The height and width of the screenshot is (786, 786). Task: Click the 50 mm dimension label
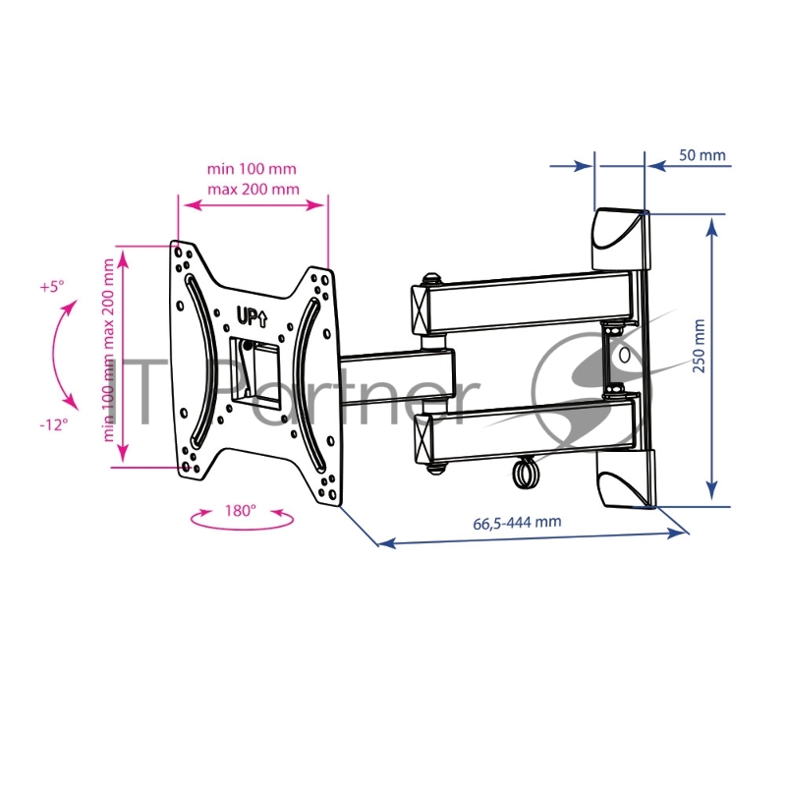(x=702, y=155)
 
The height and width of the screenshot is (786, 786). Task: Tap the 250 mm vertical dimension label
(x=699, y=346)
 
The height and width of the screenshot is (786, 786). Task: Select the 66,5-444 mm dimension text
(x=517, y=523)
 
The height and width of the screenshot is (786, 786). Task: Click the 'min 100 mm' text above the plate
(x=252, y=168)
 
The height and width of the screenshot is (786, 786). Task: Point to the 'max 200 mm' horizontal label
(x=253, y=189)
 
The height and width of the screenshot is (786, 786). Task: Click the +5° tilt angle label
(x=52, y=287)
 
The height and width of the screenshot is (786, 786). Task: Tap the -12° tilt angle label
(x=54, y=424)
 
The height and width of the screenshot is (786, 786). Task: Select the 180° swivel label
(x=240, y=510)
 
